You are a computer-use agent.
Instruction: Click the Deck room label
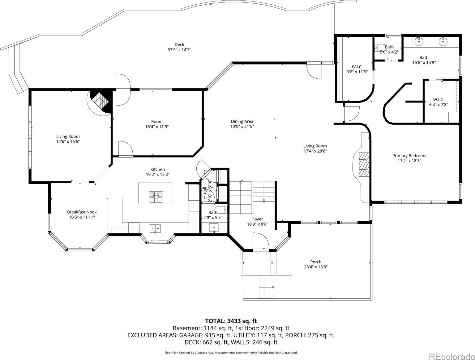point(179,45)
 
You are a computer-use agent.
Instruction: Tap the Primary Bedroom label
point(409,155)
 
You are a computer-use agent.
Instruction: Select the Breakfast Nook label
point(82,212)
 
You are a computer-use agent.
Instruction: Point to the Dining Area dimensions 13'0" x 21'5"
point(242,127)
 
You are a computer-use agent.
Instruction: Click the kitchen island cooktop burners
point(156,197)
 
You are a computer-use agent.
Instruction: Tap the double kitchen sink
point(155,228)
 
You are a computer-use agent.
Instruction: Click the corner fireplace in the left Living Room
point(101,101)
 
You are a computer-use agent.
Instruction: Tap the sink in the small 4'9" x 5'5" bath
point(214,228)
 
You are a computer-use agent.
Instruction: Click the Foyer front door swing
point(261,241)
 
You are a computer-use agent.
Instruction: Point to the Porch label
point(316,262)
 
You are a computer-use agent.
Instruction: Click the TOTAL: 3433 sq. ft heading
point(231,321)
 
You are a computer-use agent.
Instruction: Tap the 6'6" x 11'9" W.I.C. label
point(357,69)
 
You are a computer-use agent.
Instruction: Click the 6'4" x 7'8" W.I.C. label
point(439,102)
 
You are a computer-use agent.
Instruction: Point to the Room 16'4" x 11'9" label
point(157,124)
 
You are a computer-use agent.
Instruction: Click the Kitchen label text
point(157,169)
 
